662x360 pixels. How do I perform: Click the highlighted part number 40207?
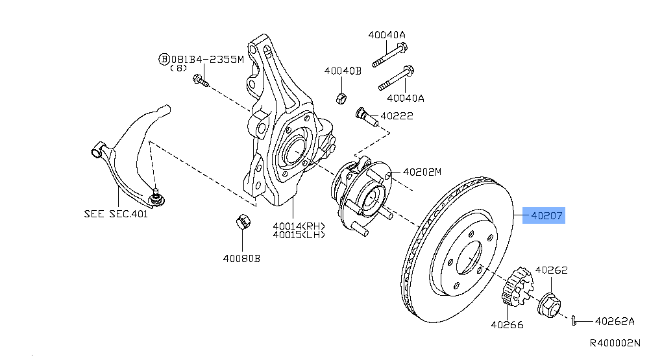tap(544, 215)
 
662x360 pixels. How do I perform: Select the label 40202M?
tap(422, 172)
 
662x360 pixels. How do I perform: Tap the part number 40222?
tap(397, 116)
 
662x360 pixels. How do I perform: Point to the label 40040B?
tap(343, 71)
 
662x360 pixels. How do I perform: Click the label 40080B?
tap(241, 258)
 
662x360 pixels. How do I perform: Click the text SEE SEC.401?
tap(116, 213)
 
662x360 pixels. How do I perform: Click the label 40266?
tap(507, 324)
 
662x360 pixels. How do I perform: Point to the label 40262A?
tap(615, 320)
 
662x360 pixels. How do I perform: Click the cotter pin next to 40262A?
tap(575, 318)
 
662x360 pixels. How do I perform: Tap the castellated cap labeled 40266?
tap(517, 286)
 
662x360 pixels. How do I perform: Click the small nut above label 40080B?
tap(241, 221)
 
